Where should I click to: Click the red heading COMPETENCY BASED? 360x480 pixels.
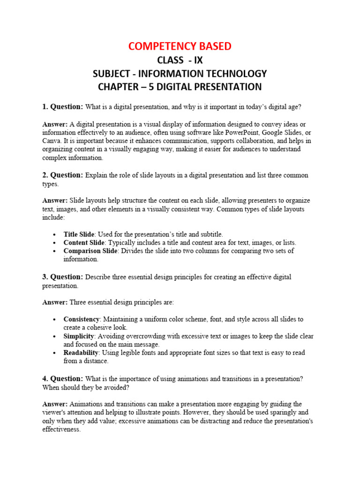pos(180,46)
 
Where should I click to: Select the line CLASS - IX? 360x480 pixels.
pos(180,60)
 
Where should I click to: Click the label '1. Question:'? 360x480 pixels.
pos(63,107)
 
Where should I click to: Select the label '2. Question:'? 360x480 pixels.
pos(63,175)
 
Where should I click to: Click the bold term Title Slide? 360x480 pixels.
pos(79,234)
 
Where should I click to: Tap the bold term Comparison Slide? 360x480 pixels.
pos(91,251)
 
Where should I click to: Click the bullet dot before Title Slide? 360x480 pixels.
pos(55,234)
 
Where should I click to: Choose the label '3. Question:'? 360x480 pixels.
pos(63,277)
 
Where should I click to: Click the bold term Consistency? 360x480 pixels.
pos(82,319)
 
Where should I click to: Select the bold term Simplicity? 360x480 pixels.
pos(79,336)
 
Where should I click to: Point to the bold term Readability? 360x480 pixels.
pos(81,352)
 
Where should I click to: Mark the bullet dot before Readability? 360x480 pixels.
pos(55,353)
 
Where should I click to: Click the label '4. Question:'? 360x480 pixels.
pos(63,379)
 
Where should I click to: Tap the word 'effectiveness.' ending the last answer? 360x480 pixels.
pos(61,429)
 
